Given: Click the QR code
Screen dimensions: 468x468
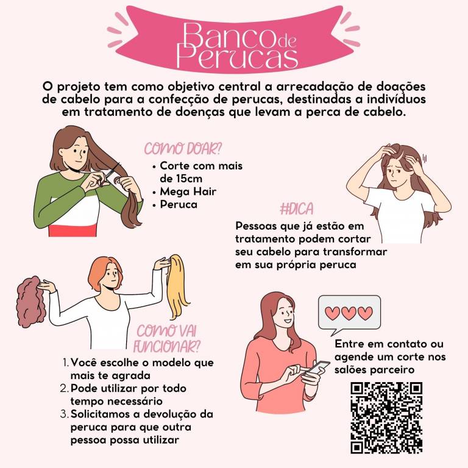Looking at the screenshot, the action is point(386,418).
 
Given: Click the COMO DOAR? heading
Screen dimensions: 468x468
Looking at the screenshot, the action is point(183,148).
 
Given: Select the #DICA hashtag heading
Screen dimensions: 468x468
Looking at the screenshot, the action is point(297,208).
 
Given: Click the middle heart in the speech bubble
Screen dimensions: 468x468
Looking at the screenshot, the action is point(349,313).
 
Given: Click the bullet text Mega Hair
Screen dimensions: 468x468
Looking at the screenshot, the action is point(188,191).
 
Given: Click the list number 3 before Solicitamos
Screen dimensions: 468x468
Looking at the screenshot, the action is point(64,414).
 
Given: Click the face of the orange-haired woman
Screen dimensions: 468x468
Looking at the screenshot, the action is point(111,276).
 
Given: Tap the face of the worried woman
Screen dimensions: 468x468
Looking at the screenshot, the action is point(397,176).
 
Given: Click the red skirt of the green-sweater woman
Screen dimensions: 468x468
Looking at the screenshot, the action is point(73,231).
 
